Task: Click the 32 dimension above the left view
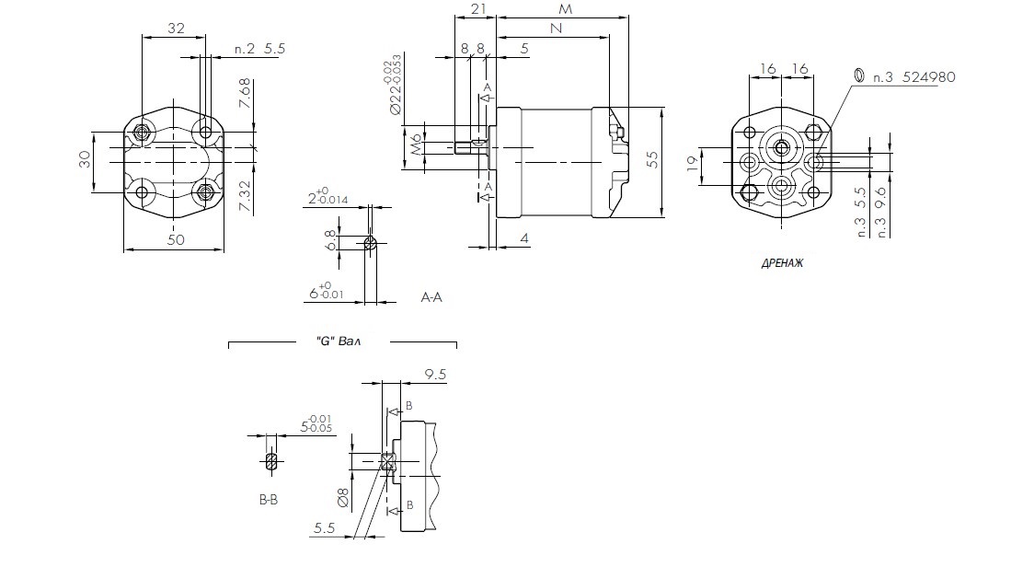(176, 29)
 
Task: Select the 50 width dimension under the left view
(174, 239)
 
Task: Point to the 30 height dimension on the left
(84, 161)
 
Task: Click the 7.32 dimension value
(244, 196)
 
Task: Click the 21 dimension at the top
(477, 8)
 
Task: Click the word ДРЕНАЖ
(782, 262)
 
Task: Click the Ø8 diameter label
(342, 498)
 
